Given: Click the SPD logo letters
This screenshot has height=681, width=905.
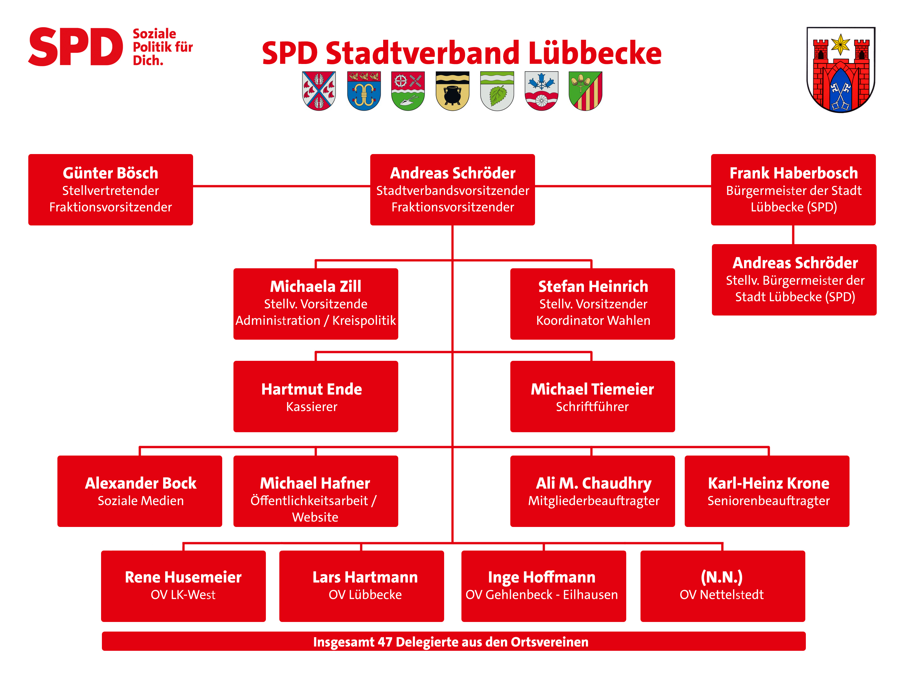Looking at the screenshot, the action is [x=76, y=47].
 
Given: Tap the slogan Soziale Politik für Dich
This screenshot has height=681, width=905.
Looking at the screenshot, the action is [x=162, y=47].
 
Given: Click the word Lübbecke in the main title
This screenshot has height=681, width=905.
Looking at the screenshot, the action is [x=595, y=53].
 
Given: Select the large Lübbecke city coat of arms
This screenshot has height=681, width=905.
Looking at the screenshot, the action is [x=841, y=69].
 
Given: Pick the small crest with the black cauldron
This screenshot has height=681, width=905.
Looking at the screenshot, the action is [x=453, y=91].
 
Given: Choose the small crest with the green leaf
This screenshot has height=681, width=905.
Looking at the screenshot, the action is [x=497, y=91].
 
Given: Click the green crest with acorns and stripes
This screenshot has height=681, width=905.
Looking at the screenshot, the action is [x=586, y=91].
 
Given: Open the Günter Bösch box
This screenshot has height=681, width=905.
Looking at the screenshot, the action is [x=110, y=190].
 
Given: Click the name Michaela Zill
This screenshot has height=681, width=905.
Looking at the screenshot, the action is [x=315, y=286].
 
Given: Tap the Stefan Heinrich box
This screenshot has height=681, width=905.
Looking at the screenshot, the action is [x=592, y=304].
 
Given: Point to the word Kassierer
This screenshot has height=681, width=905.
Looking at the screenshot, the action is [x=312, y=407].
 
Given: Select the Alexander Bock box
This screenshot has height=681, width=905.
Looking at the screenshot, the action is [x=140, y=491].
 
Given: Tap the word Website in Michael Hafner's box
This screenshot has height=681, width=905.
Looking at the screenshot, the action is [x=315, y=517].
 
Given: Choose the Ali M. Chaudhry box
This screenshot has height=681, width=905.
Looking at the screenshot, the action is [x=592, y=491].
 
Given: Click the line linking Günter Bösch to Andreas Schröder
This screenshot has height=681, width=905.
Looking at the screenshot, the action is [x=282, y=186].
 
